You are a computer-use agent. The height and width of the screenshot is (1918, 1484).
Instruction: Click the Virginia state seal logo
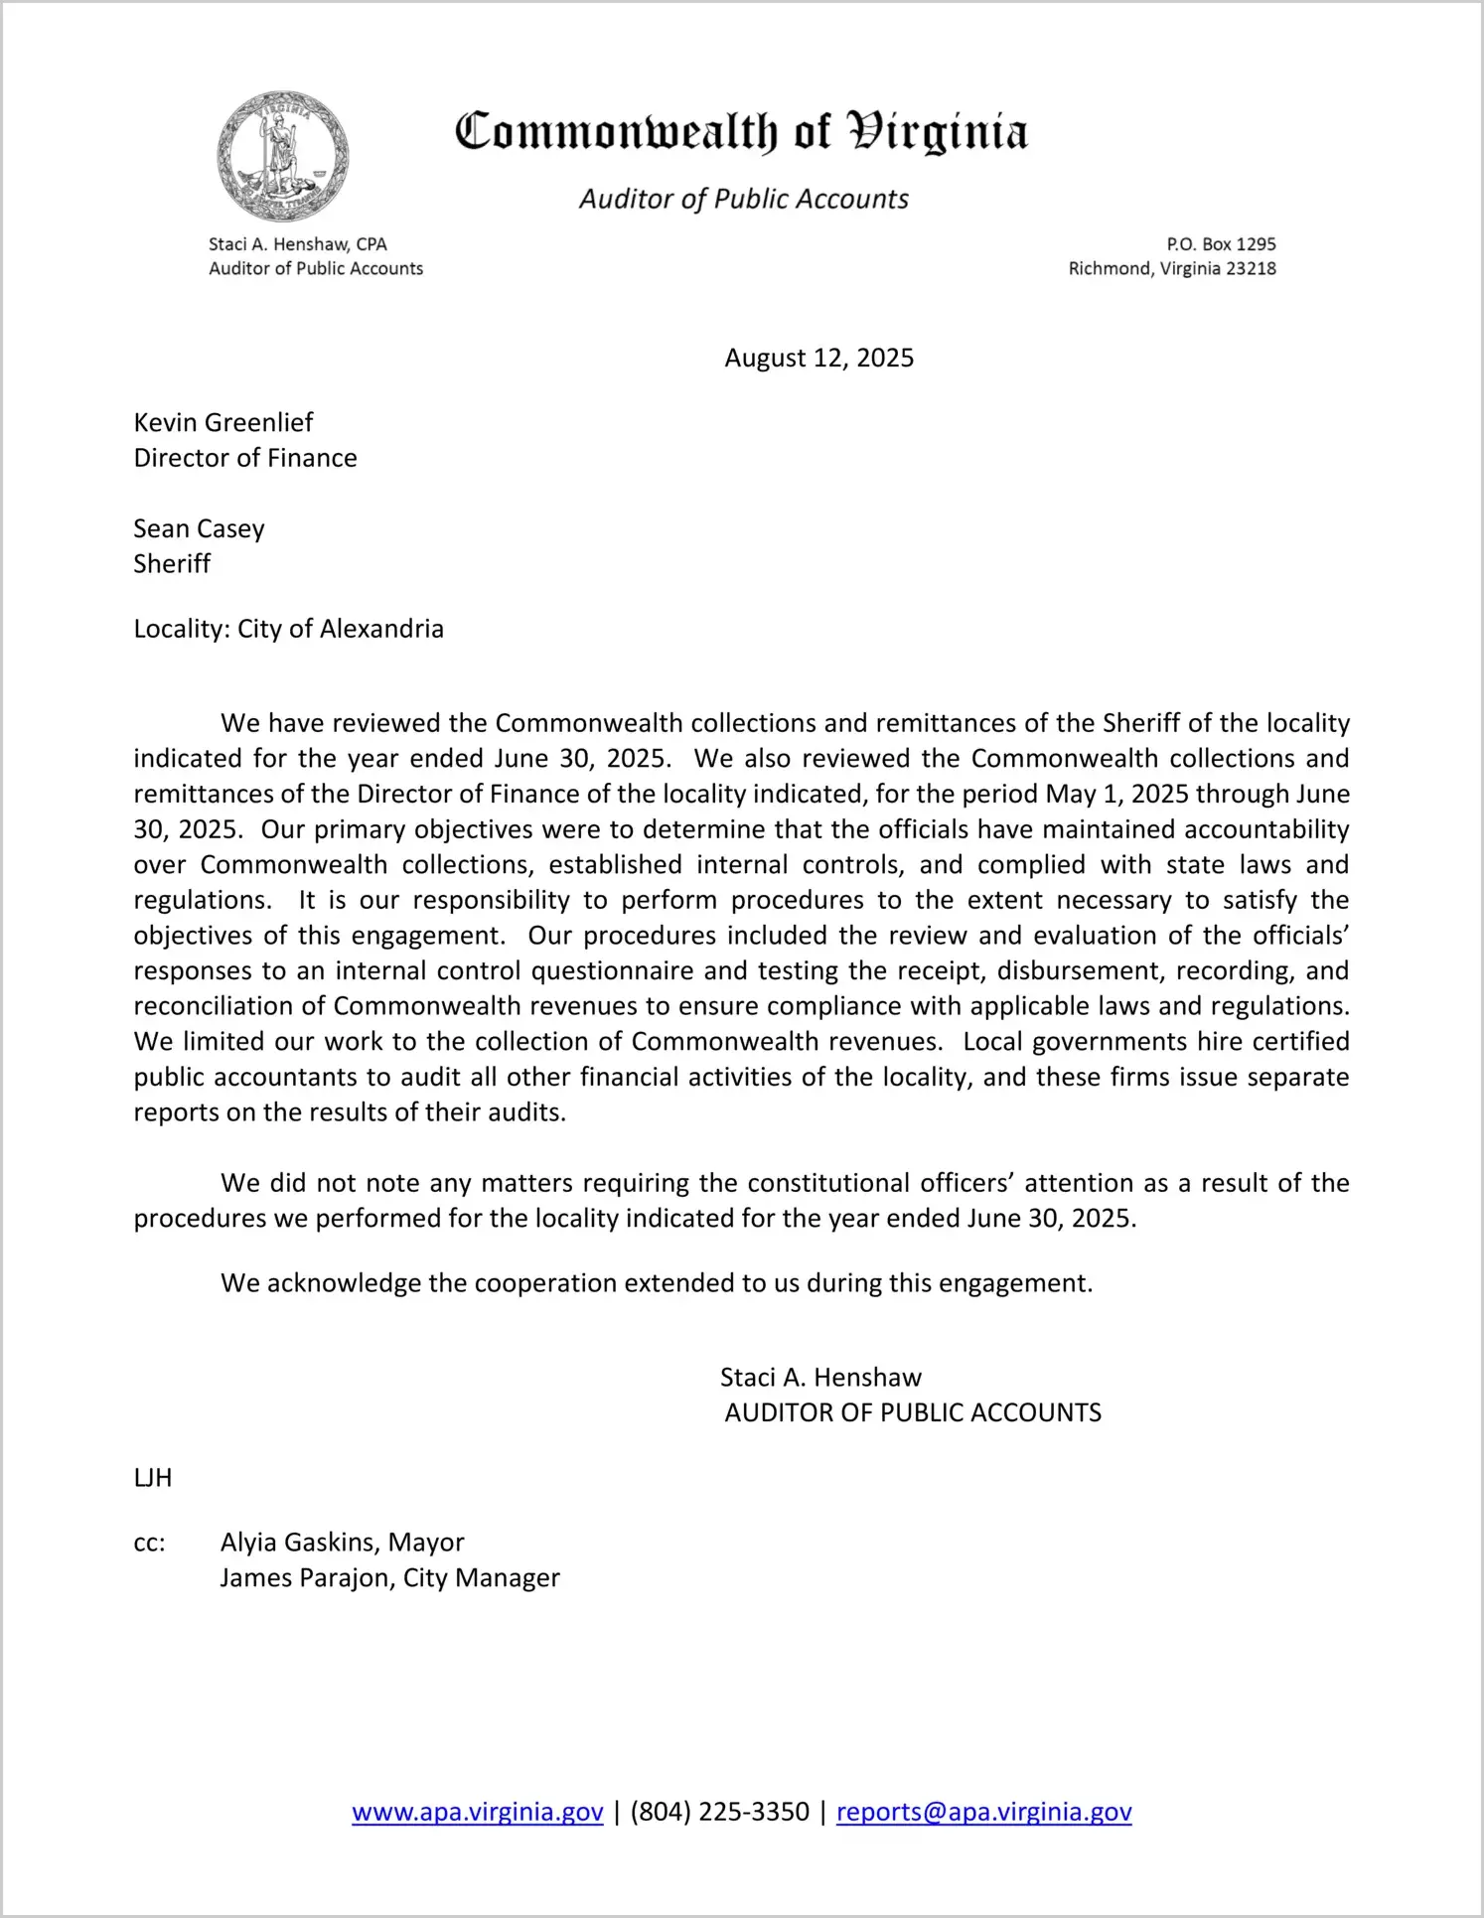[283, 157]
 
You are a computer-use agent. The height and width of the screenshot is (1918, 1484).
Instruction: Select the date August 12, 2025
[818, 358]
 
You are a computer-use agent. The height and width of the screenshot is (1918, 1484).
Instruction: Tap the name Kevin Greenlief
[223, 422]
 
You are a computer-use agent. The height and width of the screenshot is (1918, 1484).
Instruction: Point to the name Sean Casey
[199, 528]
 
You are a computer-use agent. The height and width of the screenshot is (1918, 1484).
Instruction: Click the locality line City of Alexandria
[288, 629]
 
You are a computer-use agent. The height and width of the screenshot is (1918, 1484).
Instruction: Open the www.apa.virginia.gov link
[478, 1812]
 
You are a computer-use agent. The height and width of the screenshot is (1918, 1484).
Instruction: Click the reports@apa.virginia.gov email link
[983, 1812]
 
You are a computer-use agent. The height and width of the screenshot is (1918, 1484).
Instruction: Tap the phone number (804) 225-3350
[719, 1812]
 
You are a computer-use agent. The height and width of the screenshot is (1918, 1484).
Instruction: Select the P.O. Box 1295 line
[1221, 244]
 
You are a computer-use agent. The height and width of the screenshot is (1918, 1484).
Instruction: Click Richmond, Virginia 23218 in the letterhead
[1172, 268]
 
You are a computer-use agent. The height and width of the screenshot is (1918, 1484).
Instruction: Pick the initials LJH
[153, 1478]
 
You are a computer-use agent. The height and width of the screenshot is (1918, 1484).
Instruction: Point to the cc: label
[149, 1543]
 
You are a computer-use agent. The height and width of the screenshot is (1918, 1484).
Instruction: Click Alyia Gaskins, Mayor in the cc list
[342, 1543]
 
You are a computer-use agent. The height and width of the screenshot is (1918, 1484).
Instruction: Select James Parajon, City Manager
[389, 1578]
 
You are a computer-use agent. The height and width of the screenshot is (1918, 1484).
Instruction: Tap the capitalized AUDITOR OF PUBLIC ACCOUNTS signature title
[913, 1413]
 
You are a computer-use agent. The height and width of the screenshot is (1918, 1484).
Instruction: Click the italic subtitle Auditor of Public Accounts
[744, 200]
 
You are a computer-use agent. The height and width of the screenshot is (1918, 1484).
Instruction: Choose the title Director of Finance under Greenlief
[245, 458]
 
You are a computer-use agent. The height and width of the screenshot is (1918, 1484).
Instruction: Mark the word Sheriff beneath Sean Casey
[172, 564]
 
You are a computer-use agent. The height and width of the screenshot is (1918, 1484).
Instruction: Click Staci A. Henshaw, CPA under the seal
[298, 244]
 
